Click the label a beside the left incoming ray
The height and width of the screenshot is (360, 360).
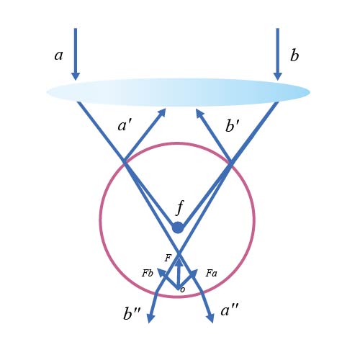point(58,55)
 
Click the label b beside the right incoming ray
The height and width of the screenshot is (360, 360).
point(294,55)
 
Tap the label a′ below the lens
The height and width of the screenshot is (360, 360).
point(125,125)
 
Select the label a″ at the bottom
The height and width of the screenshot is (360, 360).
point(230,310)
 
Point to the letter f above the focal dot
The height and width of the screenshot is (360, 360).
point(180,207)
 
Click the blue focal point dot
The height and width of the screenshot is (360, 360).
point(178,228)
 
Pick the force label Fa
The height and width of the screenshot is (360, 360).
point(211,273)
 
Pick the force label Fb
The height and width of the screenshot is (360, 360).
point(147,273)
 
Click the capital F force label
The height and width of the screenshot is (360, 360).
point(168,258)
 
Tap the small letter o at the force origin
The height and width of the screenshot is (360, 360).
point(183,289)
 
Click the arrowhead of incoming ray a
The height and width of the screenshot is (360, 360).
point(76,76)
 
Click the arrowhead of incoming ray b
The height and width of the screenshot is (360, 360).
point(278,76)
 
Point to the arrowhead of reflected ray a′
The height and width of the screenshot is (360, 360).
point(163,112)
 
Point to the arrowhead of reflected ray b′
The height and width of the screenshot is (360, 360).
point(199,113)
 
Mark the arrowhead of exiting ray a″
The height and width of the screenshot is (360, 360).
point(210,318)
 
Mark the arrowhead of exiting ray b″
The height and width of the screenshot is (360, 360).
point(150,318)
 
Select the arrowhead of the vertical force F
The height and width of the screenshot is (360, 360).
point(178,261)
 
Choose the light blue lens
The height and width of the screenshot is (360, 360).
point(178,92)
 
